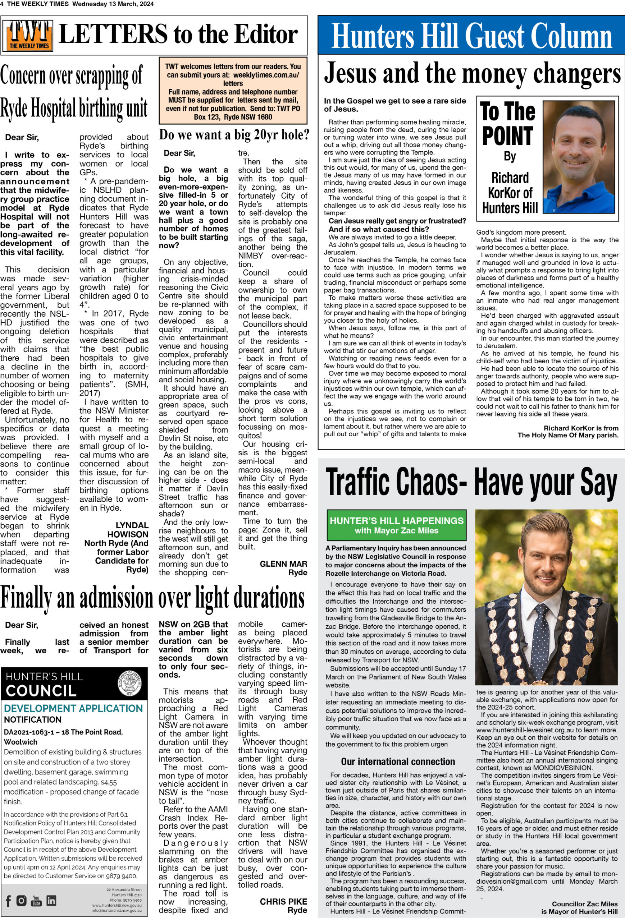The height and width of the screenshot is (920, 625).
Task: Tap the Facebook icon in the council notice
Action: [8, 901]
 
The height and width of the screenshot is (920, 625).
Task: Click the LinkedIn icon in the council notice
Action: [51, 901]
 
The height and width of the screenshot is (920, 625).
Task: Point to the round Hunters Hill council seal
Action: [129, 683]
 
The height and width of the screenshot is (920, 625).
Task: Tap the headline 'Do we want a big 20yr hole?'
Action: [234, 135]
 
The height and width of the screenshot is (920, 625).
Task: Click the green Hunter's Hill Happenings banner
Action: [396, 525]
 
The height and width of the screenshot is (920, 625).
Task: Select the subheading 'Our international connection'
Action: [398, 761]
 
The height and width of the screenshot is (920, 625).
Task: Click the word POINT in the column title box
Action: [507, 136]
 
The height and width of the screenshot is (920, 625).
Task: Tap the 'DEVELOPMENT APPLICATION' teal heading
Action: [73, 708]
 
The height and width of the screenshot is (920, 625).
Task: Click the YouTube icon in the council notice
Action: [36, 901]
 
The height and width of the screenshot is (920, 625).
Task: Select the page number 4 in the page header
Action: [3, 4]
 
